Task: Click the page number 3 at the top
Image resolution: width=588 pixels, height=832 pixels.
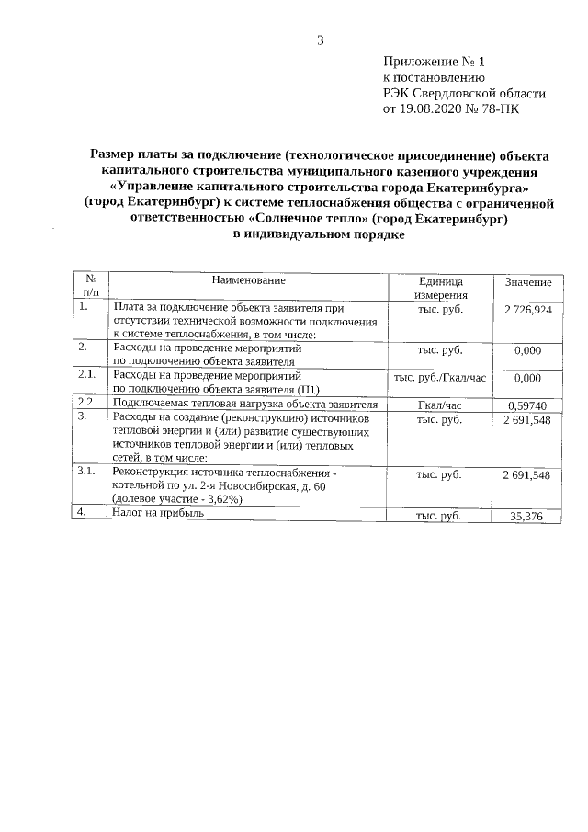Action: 321,40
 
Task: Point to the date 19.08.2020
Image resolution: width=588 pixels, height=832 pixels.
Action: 430,108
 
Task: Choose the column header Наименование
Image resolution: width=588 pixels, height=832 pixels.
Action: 248,279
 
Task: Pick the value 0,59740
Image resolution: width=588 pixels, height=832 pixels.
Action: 527,405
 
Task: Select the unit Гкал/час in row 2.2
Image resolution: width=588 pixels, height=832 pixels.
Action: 439,405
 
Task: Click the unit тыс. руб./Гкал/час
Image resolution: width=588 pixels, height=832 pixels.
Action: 439,378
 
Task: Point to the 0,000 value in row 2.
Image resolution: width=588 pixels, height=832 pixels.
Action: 527,350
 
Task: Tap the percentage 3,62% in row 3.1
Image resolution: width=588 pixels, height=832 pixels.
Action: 220,498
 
